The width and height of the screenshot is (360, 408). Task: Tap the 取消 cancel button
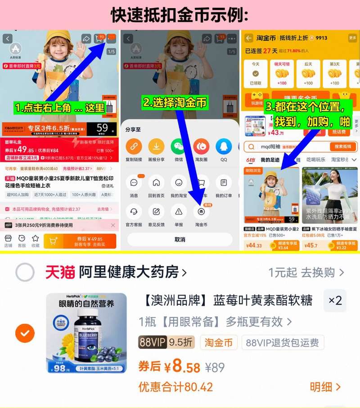[180, 239]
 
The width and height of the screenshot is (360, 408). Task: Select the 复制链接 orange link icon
[134, 147]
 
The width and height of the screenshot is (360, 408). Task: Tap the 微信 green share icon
[179, 147]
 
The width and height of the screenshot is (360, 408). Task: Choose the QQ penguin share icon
[224, 147]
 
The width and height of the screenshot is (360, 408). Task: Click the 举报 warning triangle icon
[179, 211]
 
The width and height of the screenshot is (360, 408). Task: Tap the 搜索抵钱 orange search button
[343, 147]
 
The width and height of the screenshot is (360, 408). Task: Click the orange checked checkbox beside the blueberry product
[25, 333]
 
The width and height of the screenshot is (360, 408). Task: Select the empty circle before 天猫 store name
[25, 272]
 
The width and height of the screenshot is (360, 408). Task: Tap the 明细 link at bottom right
[325, 387]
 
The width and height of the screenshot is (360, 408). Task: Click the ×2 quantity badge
[335, 300]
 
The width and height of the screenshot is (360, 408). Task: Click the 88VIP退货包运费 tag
[283, 343]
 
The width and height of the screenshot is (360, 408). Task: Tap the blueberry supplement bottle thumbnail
[86, 333]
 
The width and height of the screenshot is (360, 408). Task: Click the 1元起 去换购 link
[306, 272]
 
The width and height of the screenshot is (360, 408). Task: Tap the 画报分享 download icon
[156, 147]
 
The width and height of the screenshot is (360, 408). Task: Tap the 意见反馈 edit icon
[156, 211]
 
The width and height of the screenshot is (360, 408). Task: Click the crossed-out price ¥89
[215, 368]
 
